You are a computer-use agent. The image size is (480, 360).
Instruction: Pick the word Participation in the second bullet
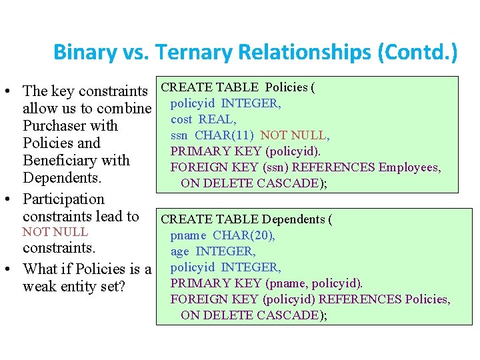click(63, 199)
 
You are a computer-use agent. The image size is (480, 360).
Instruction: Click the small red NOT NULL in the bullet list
click(55, 232)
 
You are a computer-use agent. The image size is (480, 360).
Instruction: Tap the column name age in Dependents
click(180, 251)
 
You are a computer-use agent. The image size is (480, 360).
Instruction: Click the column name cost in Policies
click(181, 119)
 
